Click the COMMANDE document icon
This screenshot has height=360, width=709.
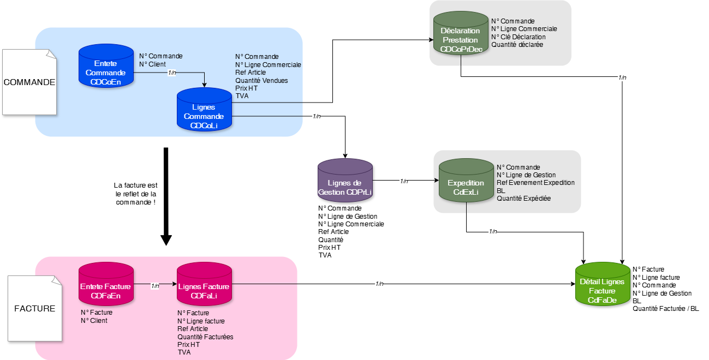[29, 82]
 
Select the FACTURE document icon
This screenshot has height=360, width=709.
[35, 308]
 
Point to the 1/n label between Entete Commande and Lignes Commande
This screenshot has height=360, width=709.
[172, 73]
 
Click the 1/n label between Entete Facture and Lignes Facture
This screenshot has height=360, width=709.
[155, 286]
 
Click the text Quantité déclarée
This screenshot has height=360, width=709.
[517, 45]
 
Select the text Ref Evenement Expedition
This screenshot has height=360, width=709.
[535, 183]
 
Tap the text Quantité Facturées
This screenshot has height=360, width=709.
[205, 337]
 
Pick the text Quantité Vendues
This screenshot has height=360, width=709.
[261, 80]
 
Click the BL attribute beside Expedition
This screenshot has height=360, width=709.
[501, 191]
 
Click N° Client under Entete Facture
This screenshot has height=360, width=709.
[94, 321]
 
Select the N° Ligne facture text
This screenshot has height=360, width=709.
[201, 321]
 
